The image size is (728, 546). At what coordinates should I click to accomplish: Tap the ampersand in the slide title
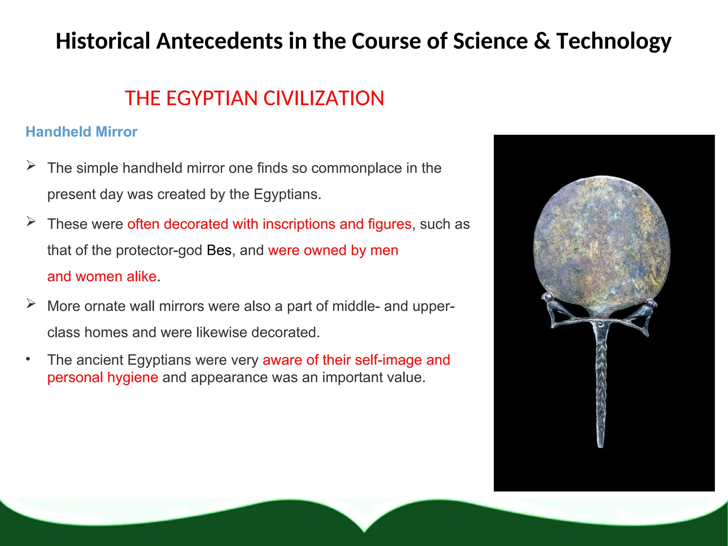coord(542,41)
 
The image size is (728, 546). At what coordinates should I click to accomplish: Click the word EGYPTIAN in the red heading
coord(213,98)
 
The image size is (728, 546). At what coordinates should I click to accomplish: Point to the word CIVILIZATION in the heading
coord(323,98)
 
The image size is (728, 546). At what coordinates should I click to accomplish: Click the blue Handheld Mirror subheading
coord(81,132)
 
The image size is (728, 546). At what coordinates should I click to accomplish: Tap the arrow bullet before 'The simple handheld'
coord(31,165)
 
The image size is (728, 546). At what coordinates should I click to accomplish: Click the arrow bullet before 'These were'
coord(31,221)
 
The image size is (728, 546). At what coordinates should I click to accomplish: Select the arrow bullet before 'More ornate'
coord(31,303)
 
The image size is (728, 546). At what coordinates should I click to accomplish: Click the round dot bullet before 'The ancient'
coord(28,359)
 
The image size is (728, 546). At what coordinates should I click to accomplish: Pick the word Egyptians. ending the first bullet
coord(287,194)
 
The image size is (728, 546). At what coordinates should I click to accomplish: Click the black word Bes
coord(219,250)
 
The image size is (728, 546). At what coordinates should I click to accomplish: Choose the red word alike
coord(141,277)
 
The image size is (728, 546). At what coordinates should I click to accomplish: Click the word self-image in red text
coord(387,360)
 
